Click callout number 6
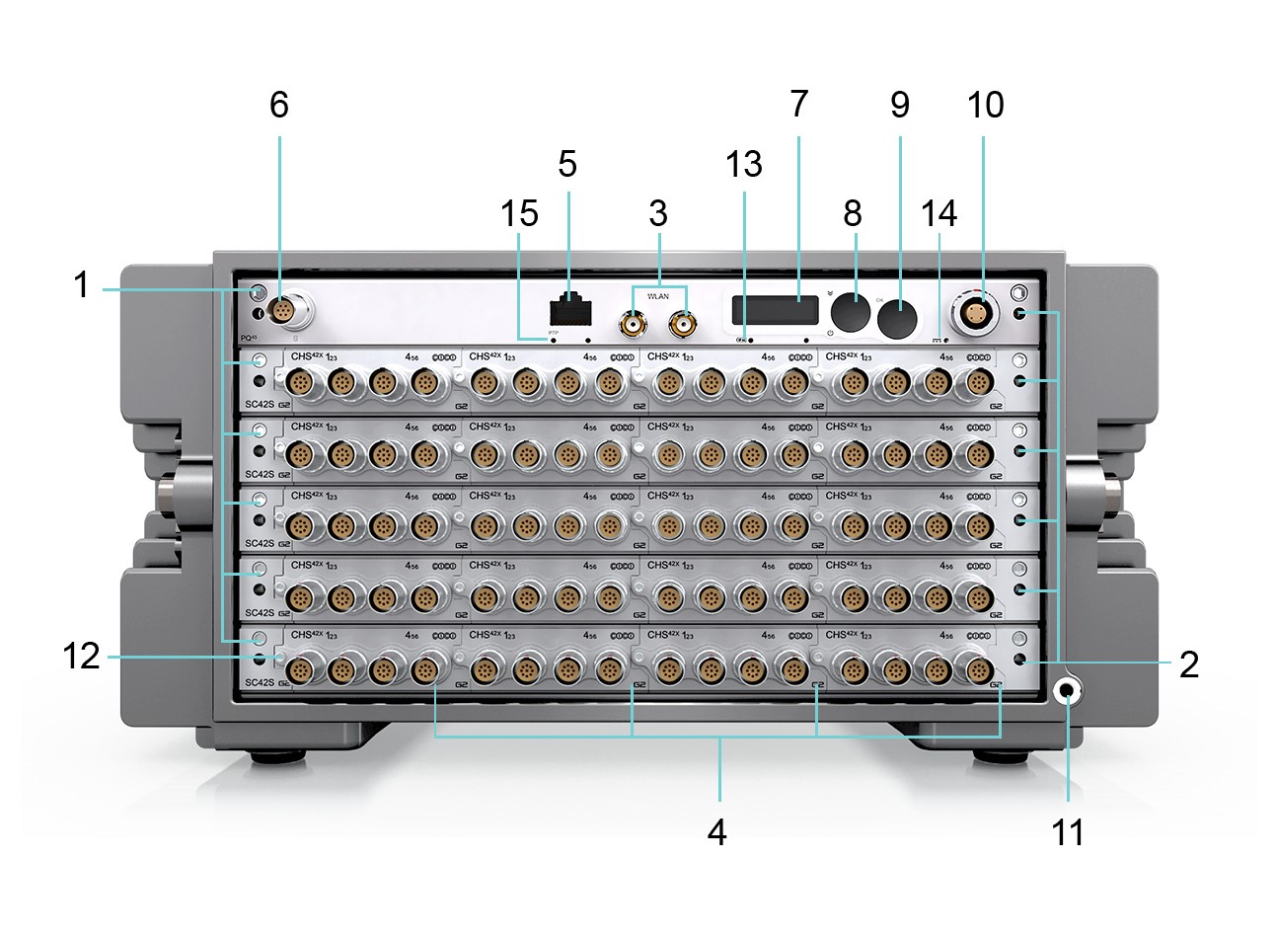click(x=279, y=104)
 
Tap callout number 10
click(x=985, y=104)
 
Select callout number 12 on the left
click(x=82, y=656)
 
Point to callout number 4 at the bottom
click(x=717, y=832)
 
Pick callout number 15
click(x=519, y=212)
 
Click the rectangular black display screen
click(x=775, y=310)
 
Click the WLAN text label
click(x=657, y=295)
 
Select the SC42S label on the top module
click(x=259, y=404)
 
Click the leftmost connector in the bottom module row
click(x=299, y=671)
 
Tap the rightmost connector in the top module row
click(x=978, y=381)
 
